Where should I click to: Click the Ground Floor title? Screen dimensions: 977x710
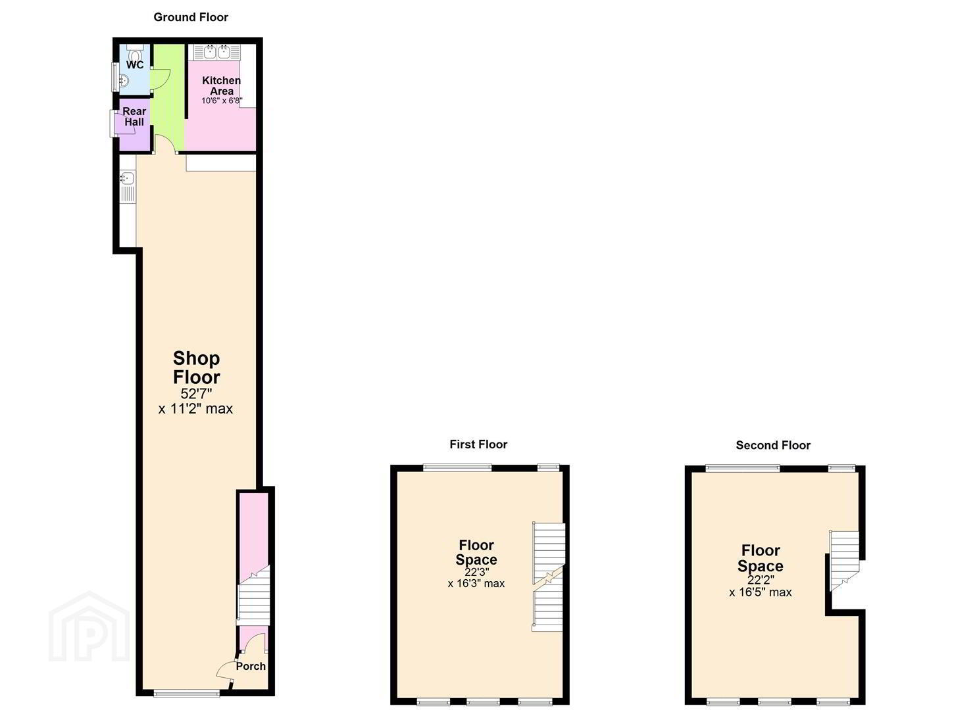191,18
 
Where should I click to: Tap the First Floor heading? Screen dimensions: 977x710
478,444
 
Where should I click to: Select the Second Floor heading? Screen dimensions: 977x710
773,446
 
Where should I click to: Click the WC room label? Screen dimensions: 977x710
135,65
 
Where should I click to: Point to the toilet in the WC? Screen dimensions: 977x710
135,54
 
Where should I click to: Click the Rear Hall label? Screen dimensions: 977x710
134,117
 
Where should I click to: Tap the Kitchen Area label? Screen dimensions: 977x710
222,86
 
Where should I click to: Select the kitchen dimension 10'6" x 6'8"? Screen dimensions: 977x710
222,101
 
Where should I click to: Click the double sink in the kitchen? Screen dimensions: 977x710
216,52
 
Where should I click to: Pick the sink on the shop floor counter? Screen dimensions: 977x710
128,179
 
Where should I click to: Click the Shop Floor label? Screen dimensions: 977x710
196,368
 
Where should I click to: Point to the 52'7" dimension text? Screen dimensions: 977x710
196,394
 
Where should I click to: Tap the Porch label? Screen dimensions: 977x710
251,667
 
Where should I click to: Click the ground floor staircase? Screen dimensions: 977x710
254,596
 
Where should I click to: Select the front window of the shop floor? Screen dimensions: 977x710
187,693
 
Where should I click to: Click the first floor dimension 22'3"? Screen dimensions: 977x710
476,572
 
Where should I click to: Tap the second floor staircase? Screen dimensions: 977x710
844,559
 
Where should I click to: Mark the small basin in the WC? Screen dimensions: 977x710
124,81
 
